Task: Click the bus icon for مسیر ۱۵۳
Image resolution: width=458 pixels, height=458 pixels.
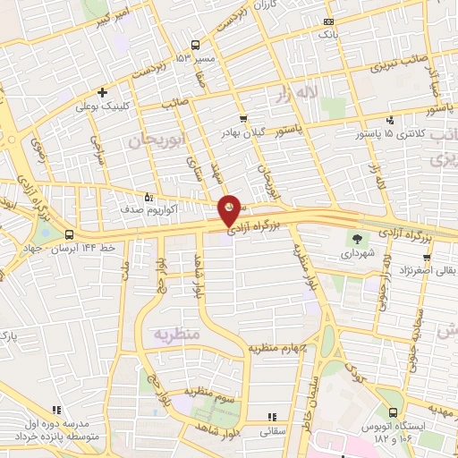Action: coord(195,45)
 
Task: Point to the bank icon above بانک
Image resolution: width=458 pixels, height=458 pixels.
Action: coord(329,21)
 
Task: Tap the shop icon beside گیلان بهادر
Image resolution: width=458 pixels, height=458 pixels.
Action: coord(243,119)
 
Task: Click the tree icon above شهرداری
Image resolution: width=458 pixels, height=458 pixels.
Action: coord(358,239)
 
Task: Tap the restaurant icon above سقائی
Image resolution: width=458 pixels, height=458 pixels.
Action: coord(272,417)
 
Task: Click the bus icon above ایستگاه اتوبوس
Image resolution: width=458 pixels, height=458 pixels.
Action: coord(393,412)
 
